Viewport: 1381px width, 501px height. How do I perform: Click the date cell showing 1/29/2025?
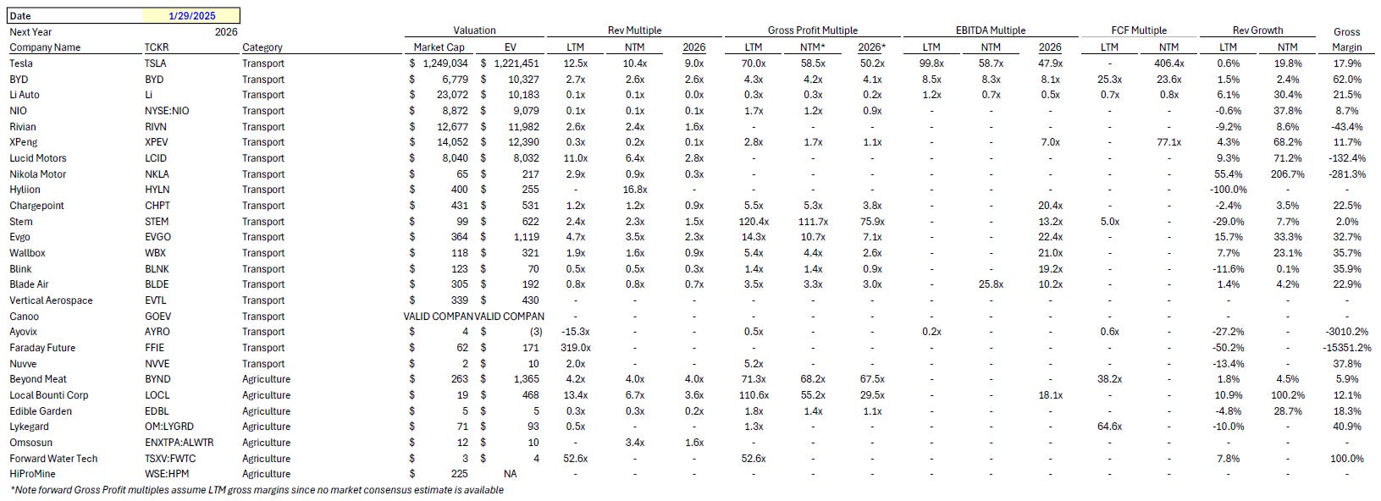pyautogui.click(x=193, y=15)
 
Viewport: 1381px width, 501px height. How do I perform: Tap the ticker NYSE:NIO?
pyautogui.click(x=167, y=111)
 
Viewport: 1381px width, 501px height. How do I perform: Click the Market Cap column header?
pyautogui.click(x=436, y=47)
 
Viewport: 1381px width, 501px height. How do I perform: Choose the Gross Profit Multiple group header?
pyautogui.click(x=812, y=30)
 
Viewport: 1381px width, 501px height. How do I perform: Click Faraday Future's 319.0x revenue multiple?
pyautogui.click(x=575, y=348)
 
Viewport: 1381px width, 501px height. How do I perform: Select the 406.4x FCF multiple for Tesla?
pyautogui.click(x=1168, y=63)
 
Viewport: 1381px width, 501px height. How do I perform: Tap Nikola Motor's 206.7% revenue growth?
pyautogui.click(x=1286, y=174)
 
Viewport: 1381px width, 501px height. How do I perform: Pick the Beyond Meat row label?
pyautogui.click(x=38, y=379)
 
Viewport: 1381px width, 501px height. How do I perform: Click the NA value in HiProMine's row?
pyautogui.click(x=510, y=474)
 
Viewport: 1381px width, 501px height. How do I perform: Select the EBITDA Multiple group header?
pyautogui.click(x=990, y=30)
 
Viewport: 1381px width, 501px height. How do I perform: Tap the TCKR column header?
pyautogui.click(x=156, y=47)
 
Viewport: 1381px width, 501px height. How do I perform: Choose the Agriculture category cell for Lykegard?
pyautogui.click(x=266, y=427)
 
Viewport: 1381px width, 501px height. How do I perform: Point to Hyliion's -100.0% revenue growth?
pyautogui.click(x=1229, y=190)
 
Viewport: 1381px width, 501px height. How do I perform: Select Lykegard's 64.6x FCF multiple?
pyautogui.click(x=1109, y=427)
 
